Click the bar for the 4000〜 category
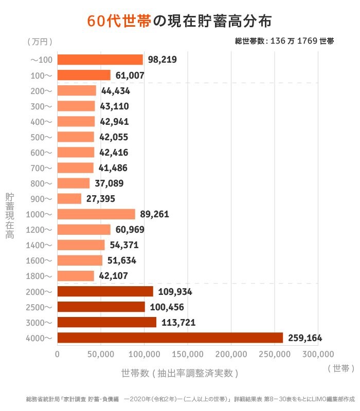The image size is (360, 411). tap(170, 338)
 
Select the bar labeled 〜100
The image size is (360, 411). tap(100, 60)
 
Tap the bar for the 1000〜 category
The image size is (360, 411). tap(96, 214)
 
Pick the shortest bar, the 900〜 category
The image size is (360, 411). tap(69, 199)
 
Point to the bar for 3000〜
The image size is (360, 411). tap(106, 322)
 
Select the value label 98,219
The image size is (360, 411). tap(162, 60)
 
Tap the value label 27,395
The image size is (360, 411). tap(100, 199)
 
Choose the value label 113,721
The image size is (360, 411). tap(177, 323)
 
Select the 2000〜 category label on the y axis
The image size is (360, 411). tap(39, 292)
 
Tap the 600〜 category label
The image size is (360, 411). tap(41, 153)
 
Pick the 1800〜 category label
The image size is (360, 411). tap(39, 276)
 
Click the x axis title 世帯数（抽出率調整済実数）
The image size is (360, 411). tap(179, 372)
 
